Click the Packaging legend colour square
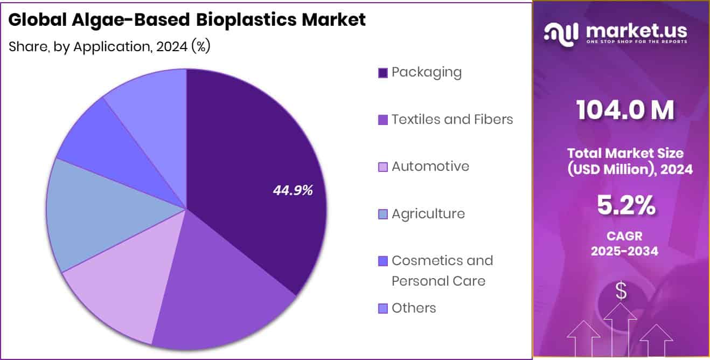coord(383,73)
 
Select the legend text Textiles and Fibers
coord(452,119)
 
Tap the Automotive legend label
coord(430,166)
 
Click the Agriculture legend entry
coord(428,213)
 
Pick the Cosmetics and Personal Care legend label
coord(442,271)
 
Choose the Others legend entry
coord(413,308)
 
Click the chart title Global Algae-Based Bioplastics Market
coord(187,20)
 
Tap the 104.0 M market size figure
coord(624,110)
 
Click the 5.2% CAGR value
coord(625,205)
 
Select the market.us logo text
coord(636,32)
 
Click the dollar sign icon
coord(621,292)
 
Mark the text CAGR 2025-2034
coord(624,244)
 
